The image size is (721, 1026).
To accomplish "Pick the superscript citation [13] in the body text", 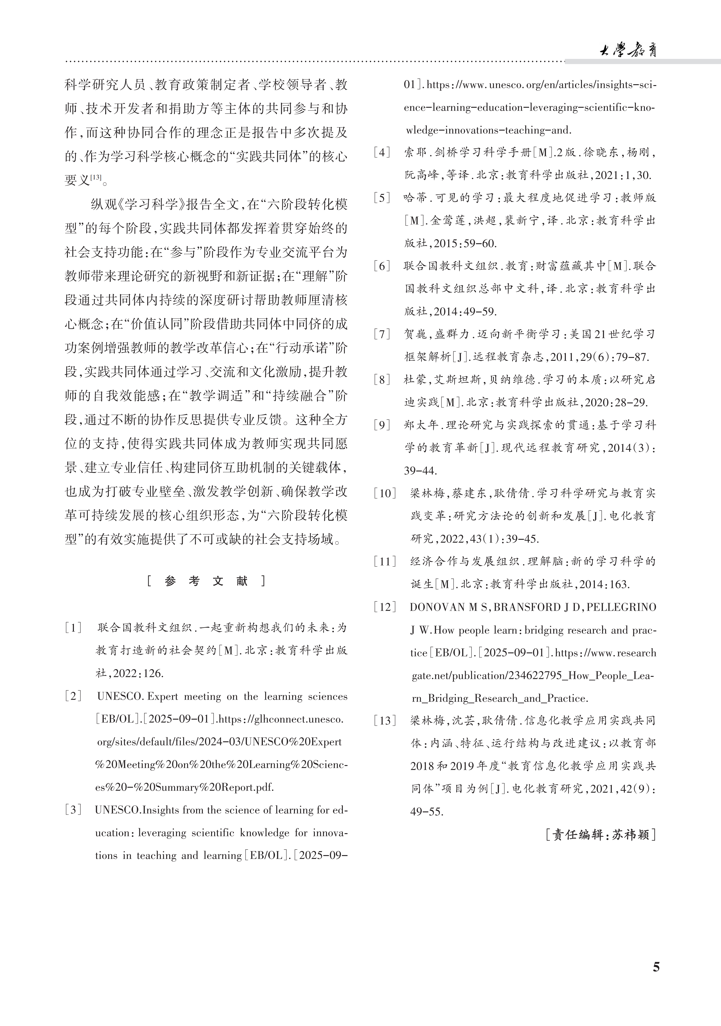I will pyautogui.click(x=96, y=177).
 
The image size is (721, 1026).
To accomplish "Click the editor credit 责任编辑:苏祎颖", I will pyautogui.click(x=601, y=834).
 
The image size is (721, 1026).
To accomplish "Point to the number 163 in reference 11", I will pyautogui.click(x=619, y=584).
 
